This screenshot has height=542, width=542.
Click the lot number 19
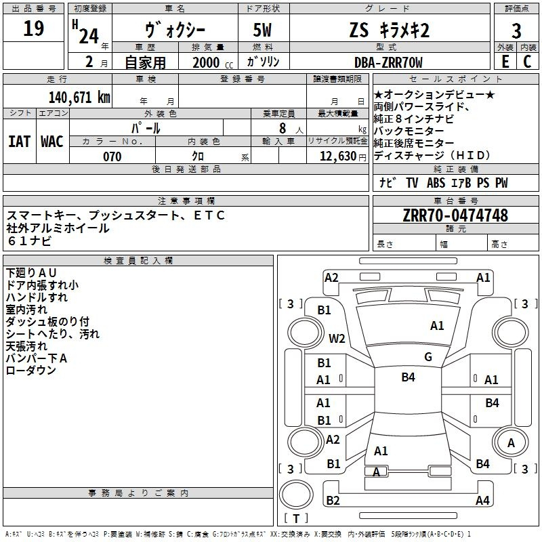(x=33, y=28)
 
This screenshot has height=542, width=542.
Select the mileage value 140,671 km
(x=79, y=98)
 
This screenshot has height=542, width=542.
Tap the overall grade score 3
(x=516, y=30)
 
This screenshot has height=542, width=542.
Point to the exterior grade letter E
(x=505, y=62)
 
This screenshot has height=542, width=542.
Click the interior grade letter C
(x=527, y=62)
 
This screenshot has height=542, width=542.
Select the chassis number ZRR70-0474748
(x=455, y=215)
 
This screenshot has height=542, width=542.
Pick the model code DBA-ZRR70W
(x=388, y=62)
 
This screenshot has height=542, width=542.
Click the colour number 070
(x=112, y=157)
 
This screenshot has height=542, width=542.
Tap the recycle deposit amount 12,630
(x=338, y=157)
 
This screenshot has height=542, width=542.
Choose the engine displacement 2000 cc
(x=213, y=62)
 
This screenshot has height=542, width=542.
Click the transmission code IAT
(x=19, y=142)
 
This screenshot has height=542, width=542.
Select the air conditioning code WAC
(x=52, y=142)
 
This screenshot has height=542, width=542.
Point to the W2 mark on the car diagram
(x=337, y=338)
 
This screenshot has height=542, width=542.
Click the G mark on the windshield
(x=428, y=357)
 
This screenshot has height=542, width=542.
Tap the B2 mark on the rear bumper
(x=333, y=500)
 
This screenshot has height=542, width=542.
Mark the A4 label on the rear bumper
(x=482, y=500)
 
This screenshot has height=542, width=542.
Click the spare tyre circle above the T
(x=296, y=495)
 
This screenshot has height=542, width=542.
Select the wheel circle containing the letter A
(x=511, y=442)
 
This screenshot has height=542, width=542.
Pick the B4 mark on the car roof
(x=408, y=377)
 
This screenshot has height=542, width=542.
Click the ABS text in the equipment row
(x=436, y=182)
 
